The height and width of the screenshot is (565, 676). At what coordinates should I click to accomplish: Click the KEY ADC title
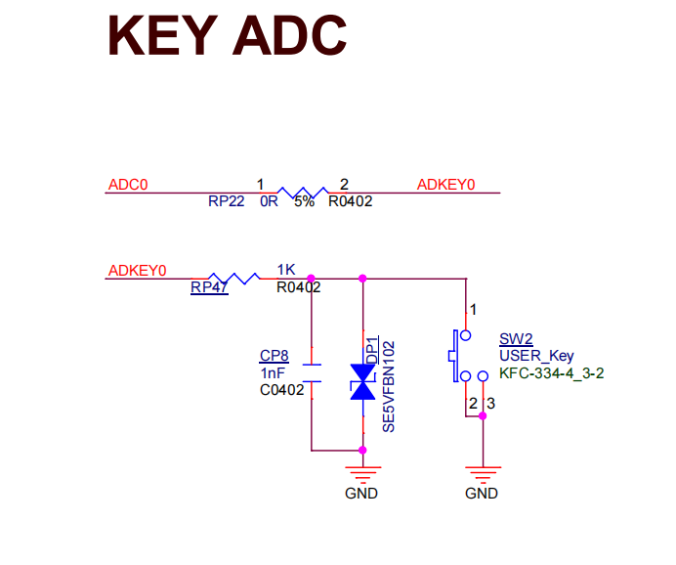coord(227,35)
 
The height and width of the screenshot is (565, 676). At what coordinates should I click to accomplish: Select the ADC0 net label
coord(128,184)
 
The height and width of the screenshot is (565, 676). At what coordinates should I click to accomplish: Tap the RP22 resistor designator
coord(226,202)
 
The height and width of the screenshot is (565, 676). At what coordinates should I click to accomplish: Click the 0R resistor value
coord(269,202)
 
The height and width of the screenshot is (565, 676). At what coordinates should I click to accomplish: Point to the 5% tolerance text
coord(304,202)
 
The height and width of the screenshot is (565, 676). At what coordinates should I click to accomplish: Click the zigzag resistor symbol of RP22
coord(302,192)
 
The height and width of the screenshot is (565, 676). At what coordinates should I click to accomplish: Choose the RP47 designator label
coord(209,287)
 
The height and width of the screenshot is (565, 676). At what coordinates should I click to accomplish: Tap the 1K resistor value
coord(286,269)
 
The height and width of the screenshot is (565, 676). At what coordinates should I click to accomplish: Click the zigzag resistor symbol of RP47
coord(234,278)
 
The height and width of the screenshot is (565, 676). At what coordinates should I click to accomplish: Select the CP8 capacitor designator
coord(274,355)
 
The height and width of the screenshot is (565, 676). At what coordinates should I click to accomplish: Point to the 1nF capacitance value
coord(273,372)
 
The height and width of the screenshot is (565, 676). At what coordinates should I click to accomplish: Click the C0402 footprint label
coord(281,390)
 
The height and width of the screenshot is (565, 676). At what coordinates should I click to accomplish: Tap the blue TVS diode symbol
coord(363,381)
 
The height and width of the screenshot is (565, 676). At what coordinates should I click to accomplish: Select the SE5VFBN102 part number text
coord(388,386)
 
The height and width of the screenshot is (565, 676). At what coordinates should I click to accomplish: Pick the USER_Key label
coord(536,355)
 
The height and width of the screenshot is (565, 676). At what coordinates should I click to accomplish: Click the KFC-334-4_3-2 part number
coord(551,372)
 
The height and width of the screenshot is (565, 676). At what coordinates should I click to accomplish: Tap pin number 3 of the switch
coord(491,403)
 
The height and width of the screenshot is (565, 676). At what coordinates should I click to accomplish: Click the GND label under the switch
coord(482,494)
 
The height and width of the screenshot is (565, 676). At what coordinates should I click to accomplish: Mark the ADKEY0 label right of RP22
coord(445,184)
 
